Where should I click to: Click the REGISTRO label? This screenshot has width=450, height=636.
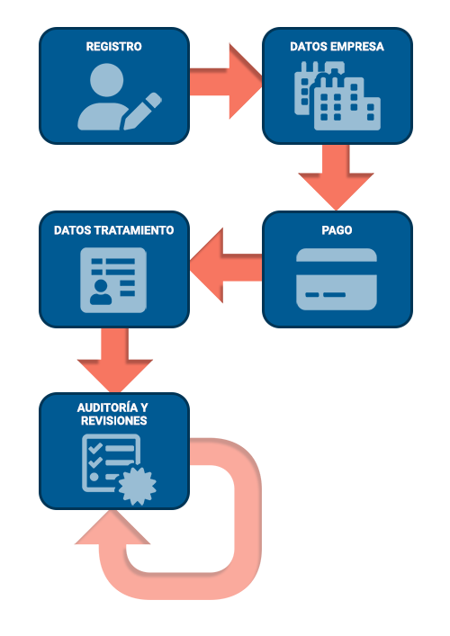point(113,47)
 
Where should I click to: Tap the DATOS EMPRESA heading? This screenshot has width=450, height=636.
point(337,47)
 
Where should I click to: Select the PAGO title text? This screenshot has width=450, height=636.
point(337,230)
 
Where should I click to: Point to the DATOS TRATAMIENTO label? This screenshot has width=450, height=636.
point(113,230)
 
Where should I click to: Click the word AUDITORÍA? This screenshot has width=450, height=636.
point(107,408)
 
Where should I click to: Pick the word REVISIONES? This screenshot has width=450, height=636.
point(113,421)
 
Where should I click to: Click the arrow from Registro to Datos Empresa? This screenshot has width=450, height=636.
point(226,81)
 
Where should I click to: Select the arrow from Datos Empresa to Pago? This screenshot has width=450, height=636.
point(336,177)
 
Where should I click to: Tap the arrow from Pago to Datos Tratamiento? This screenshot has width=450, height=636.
point(226,266)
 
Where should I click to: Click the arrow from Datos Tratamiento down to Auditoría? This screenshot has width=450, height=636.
point(115,359)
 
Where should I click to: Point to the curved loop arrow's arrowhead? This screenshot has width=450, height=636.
point(112,528)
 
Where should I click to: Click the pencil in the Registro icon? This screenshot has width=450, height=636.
point(142,112)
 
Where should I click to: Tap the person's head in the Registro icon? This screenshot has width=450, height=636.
point(106,80)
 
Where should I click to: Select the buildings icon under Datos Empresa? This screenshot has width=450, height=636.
point(337,96)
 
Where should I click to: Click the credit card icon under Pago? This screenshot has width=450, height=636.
point(337,279)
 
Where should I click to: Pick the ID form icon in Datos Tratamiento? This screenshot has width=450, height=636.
point(113,281)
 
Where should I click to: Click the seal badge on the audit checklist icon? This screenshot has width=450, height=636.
point(137,486)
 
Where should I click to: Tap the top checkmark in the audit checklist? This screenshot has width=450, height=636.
point(95,448)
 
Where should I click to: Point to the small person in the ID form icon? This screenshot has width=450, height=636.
point(101,292)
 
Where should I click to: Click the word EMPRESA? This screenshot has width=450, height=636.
point(357,47)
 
